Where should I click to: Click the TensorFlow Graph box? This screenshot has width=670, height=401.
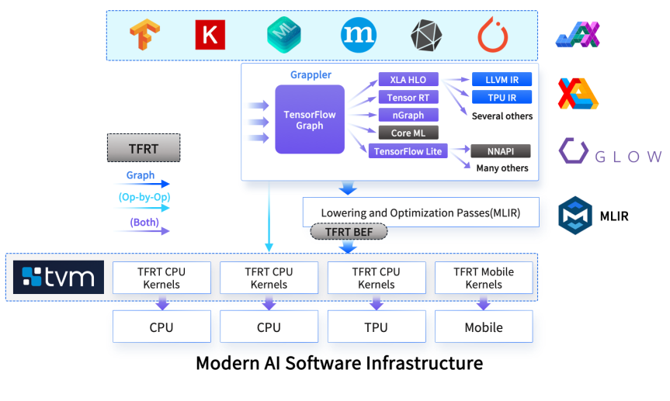310,120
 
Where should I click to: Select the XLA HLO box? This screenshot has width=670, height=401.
408,80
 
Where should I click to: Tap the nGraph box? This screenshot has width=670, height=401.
408,116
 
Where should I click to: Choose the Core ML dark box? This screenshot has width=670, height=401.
408,133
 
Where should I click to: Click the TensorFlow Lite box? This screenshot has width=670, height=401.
408,151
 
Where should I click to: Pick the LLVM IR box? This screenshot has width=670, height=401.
502,80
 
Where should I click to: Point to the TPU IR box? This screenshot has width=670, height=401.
502,98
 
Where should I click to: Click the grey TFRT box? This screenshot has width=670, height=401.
143,147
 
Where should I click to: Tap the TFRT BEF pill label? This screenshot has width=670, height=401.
349,231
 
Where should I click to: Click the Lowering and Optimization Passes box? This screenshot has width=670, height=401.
420,213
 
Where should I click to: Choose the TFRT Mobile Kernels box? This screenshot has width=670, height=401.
484,278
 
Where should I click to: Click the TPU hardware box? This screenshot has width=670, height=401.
376,327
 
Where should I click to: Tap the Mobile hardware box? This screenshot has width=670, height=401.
484,327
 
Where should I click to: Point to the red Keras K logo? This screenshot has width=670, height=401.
210,35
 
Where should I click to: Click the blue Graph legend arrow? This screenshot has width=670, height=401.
144,184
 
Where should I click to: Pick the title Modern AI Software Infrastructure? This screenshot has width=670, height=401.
339,363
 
